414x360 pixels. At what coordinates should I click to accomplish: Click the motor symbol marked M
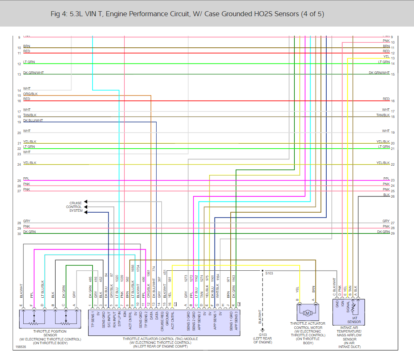point(308,312)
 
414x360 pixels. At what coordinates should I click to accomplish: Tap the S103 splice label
point(269,273)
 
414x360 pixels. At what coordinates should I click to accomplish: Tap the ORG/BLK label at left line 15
point(30,94)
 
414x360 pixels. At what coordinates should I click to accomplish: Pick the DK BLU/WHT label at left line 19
point(33,121)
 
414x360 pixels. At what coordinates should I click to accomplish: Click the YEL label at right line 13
point(386,56)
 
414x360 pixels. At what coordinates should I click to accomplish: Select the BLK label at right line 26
point(387,195)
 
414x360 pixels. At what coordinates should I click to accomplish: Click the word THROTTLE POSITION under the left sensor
point(44,331)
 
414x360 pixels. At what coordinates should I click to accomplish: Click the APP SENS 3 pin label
point(236,322)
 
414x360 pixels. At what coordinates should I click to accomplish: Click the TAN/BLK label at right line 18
point(383,115)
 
